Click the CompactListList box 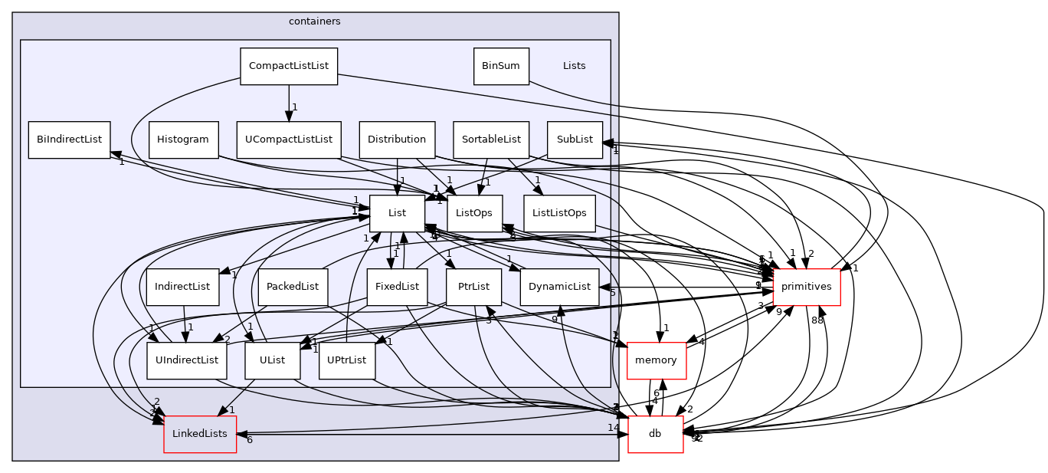click(289, 66)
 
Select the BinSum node click(501, 66)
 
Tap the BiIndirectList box click(69, 140)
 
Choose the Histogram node click(183, 140)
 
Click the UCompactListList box click(289, 140)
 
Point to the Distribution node click(397, 140)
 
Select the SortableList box click(490, 140)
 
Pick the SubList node click(575, 140)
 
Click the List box click(397, 213)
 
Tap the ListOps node click(474, 213)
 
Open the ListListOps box click(559, 213)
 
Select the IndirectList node click(182, 287)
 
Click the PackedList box click(293, 287)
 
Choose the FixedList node click(397, 287)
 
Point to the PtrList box click(474, 287)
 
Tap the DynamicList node click(559, 287)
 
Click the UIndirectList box click(187, 360)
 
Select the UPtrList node click(347, 360)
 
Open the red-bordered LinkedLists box click(200, 434)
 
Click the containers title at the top click(315, 21)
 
